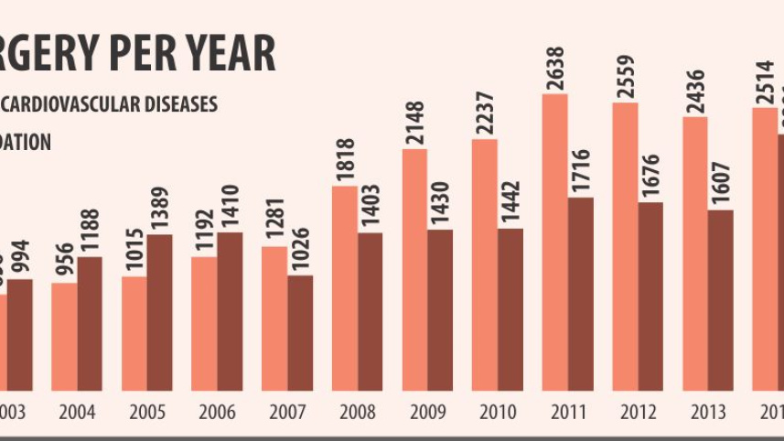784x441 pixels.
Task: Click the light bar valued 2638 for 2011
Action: (554, 242)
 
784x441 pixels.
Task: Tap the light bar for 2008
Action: (345, 288)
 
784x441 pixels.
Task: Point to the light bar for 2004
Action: (64, 337)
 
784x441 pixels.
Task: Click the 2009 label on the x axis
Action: (427, 412)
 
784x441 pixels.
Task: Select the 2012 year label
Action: (638, 412)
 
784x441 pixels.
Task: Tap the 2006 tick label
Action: (218, 412)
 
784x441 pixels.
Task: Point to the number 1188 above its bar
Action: (90, 231)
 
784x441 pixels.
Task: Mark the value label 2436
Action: (695, 91)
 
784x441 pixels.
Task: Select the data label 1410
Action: (230, 207)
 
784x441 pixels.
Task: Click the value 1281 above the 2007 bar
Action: (274, 220)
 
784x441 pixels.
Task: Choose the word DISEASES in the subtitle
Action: (182, 104)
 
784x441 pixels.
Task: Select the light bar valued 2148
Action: (414, 270)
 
